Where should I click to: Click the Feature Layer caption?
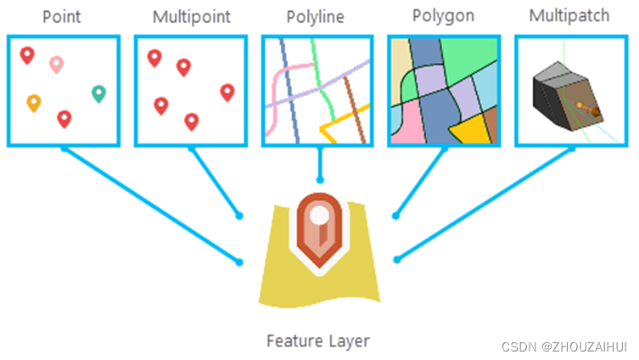click(x=318, y=341)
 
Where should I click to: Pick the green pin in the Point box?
click(x=99, y=93)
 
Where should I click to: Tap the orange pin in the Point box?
click(x=34, y=103)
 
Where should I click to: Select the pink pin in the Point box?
click(x=56, y=64)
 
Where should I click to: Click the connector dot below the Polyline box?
click(x=319, y=180)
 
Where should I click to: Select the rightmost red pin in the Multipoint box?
click(x=227, y=93)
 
